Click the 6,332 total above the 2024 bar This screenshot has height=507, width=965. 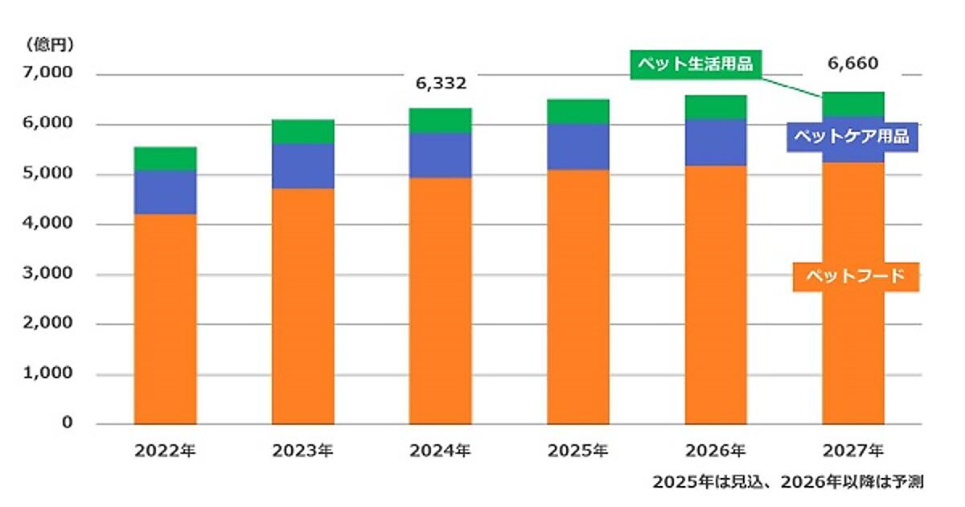440,84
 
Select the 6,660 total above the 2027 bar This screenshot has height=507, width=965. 852,64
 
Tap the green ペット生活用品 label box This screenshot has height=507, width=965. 695,64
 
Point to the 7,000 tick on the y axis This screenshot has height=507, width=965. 50,73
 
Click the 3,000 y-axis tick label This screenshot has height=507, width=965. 50,274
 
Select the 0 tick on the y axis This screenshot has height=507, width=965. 68,423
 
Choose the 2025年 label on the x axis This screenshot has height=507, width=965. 578,451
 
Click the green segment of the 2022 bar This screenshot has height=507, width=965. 166,159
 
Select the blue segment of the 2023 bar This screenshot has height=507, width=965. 303,166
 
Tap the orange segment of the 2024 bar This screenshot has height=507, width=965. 440,300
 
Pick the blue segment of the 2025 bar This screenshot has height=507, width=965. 578,146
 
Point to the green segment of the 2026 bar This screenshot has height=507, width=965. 716,107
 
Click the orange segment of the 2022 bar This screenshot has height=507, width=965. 166,318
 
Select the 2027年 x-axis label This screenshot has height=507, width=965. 852,451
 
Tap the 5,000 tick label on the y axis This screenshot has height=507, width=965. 50,174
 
